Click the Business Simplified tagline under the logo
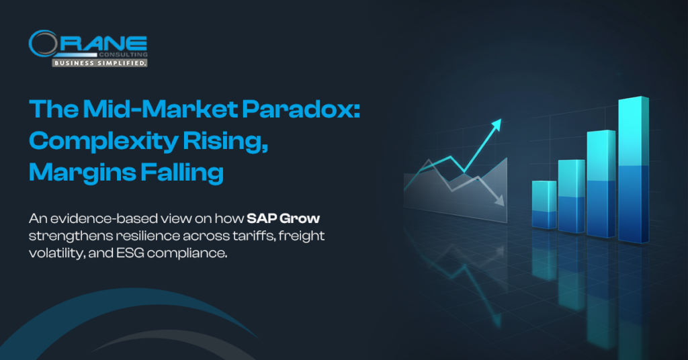click(x=99, y=62)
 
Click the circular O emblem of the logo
click(x=42, y=44)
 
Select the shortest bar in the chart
click(x=544, y=206)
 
